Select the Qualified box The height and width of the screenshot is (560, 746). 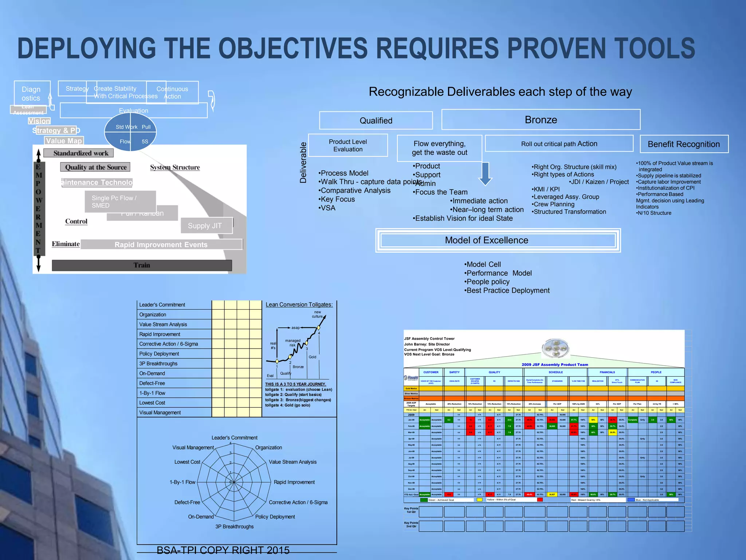[376, 121]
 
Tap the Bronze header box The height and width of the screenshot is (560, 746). [541, 120]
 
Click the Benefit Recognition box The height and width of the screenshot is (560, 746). [684, 144]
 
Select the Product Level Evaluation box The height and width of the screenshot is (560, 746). [348, 145]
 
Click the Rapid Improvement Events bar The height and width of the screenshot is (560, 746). [161, 245]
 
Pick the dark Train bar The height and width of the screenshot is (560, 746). [142, 265]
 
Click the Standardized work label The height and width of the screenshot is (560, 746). [81, 153]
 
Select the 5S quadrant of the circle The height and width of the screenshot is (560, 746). [145, 141]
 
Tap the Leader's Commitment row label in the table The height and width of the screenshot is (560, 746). [162, 305]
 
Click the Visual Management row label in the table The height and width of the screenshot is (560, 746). [160, 413]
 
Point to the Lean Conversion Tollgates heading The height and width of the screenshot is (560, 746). [299, 305]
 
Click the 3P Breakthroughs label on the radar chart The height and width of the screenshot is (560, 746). [234, 526]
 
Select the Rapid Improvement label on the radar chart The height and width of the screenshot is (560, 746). [294, 482]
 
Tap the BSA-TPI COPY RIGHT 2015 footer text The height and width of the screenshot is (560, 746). [223, 550]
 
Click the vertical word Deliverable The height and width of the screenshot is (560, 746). [303, 163]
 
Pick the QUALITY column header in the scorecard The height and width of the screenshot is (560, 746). [494, 372]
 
